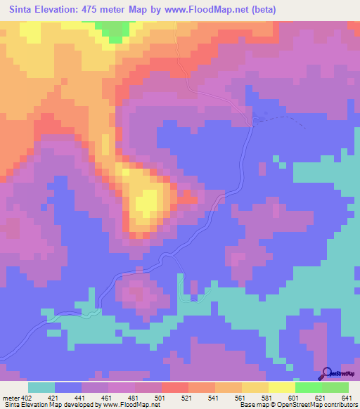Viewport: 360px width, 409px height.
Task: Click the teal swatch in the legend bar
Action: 41,387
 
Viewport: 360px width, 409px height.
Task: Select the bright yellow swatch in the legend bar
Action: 281,387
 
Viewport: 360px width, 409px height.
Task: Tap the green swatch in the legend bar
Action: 308,387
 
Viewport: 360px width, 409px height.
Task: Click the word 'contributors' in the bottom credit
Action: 337,404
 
